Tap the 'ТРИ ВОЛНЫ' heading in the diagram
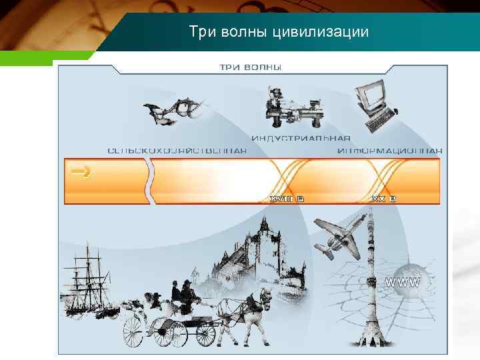click(251, 67)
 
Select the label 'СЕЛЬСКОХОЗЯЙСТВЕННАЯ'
click(177, 151)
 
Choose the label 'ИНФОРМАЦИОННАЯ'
click(389, 151)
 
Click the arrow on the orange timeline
click(81, 173)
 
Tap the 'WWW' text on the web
click(403, 283)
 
